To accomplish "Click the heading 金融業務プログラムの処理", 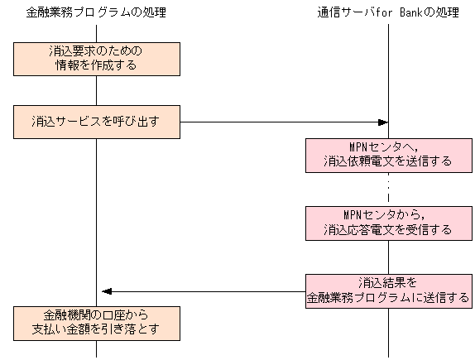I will coord(97,12).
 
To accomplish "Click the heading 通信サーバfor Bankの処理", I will coord(387,12).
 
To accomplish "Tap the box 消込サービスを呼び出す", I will coord(97,122).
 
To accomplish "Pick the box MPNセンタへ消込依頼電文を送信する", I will coord(388,155).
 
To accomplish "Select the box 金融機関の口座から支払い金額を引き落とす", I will coord(97,323).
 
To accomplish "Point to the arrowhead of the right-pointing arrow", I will coord(383,122).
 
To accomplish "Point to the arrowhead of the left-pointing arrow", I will coord(105,291).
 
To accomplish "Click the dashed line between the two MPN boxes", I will coord(388,189).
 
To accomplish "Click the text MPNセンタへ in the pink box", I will coord(388,147).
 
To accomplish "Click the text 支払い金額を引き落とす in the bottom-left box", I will coord(97,330).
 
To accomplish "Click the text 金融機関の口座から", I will coord(97,315).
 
